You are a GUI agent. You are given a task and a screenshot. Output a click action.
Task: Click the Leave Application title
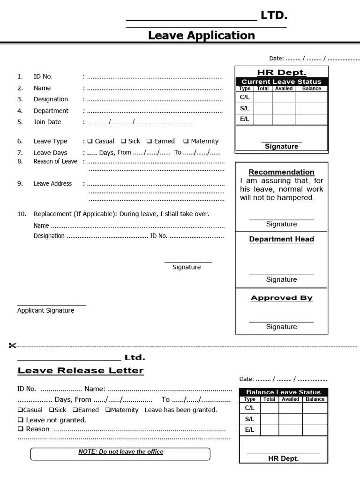click(x=202, y=36)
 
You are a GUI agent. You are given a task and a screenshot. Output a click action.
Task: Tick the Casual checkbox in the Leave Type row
click(x=90, y=141)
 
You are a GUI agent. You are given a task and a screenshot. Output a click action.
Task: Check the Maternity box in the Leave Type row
click(x=186, y=141)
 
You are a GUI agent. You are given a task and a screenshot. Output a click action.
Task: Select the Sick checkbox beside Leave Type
click(x=123, y=141)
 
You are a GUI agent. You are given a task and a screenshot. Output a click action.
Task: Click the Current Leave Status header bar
click(x=281, y=82)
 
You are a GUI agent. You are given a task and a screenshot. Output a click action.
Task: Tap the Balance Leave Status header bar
click(x=283, y=392)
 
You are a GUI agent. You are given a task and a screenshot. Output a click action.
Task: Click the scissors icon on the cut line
click(x=12, y=346)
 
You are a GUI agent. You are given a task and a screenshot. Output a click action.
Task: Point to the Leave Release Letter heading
click(x=81, y=371)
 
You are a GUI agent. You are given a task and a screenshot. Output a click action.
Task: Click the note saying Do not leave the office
click(x=120, y=452)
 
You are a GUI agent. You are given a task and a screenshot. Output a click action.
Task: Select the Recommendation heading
click(x=281, y=172)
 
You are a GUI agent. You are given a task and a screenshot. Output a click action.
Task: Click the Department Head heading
click(x=281, y=239)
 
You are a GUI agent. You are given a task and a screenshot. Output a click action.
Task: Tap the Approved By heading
click(x=281, y=298)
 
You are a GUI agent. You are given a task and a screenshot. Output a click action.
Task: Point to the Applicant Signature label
click(x=45, y=310)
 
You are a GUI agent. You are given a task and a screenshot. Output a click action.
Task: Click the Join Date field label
click(x=47, y=122)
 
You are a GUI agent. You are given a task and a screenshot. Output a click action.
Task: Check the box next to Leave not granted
click(x=21, y=420)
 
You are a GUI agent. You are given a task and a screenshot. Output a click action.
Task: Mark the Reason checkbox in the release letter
click(x=21, y=429)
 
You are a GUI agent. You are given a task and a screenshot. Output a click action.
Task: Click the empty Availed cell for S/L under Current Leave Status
click(x=284, y=108)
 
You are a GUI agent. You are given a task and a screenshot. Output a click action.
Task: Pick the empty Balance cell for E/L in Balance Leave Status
click(x=315, y=430)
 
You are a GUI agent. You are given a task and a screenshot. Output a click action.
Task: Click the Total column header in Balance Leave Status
click(x=269, y=399)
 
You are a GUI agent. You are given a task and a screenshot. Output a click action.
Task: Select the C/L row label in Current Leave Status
click(x=245, y=97)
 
